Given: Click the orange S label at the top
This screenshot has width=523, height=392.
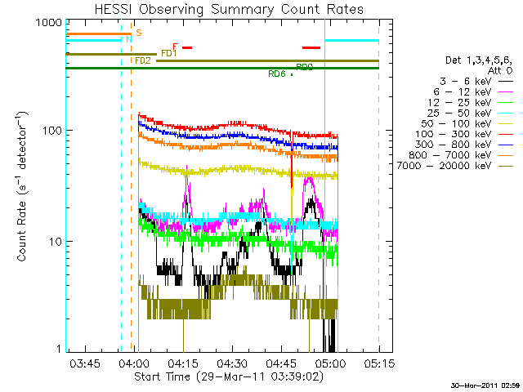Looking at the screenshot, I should click(x=139, y=33).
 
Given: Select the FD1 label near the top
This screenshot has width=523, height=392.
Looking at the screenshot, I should click(x=169, y=53).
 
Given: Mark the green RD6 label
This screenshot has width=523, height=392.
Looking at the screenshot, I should click(x=276, y=73).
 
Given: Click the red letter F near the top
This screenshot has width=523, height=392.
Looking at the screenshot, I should click(x=175, y=47).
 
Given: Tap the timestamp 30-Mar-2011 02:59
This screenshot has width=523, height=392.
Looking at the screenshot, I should click(x=485, y=385).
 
